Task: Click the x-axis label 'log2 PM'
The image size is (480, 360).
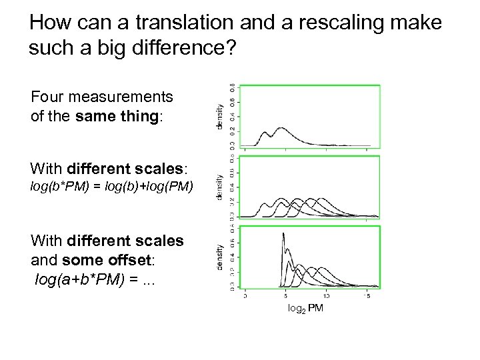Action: pyautogui.click(x=305, y=308)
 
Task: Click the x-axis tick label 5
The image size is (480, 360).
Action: pyautogui.click(x=285, y=295)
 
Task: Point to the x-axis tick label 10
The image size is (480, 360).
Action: pyautogui.click(x=326, y=295)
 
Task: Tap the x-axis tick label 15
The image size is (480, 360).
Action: pyautogui.click(x=367, y=295)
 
